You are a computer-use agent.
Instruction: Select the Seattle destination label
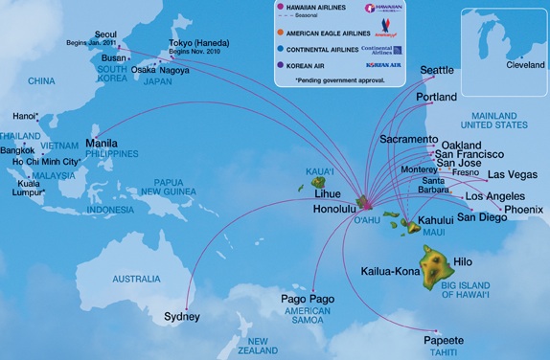[438, 70]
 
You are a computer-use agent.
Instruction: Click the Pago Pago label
[308, 301]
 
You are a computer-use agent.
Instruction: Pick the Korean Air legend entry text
[307, 65]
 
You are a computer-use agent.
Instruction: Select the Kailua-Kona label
[391, 271]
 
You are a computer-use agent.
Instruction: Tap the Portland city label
[436, 98]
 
